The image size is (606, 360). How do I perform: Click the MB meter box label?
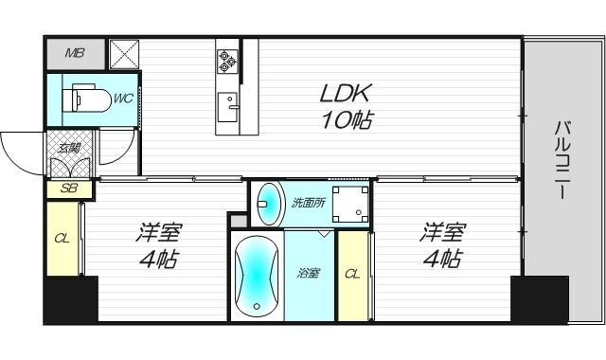[75, 53]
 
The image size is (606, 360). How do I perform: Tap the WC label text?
[123, 99]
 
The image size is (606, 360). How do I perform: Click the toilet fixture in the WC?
[86, 99]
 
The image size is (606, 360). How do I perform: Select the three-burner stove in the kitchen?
[227, 62]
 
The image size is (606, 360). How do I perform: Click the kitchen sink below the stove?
[227, 107]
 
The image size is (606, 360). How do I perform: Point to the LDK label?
[346, 93]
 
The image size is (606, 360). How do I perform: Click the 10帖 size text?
[347, 120]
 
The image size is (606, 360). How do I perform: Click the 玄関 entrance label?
[69, 148]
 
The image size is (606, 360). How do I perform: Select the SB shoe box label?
[69, 189]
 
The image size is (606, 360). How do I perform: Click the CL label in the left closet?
[62, 238]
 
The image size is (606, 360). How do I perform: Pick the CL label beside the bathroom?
[352, 274]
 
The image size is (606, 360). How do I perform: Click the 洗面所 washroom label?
[308, 203]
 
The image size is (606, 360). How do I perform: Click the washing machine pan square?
[351, 204]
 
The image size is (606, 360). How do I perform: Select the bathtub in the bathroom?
[257, 276]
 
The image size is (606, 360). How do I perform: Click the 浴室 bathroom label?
[308, 273]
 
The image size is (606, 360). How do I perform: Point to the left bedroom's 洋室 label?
[159, 232]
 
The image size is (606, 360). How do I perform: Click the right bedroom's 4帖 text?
[443, 259]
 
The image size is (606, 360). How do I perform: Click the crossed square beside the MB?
[124, 54]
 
